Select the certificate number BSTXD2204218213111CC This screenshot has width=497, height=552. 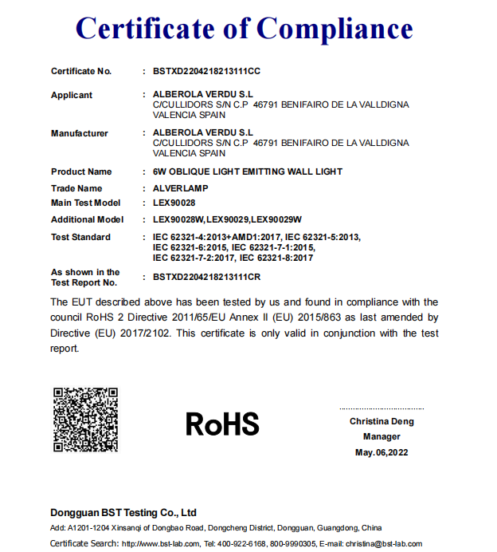coord(206,71)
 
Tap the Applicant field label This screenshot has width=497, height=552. coord(72,95)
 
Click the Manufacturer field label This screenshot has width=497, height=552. coord(80,133)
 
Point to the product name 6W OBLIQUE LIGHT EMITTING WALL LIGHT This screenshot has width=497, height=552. coord(247,172)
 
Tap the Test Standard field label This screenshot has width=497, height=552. coord(80,237)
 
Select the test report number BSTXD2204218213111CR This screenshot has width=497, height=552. coord(206,277)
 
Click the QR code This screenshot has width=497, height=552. coord(85,420)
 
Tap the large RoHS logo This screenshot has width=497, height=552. coord(222,424)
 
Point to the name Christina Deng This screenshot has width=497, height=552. coord(382,421)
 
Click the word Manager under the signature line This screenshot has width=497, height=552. coord(382,437)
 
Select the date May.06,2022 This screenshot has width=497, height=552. coord(381,452)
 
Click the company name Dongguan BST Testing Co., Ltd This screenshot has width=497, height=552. coord(123,512)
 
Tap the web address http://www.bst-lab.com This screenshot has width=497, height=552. coord(158,543)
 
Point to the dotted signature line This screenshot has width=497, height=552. coord(381,407)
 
